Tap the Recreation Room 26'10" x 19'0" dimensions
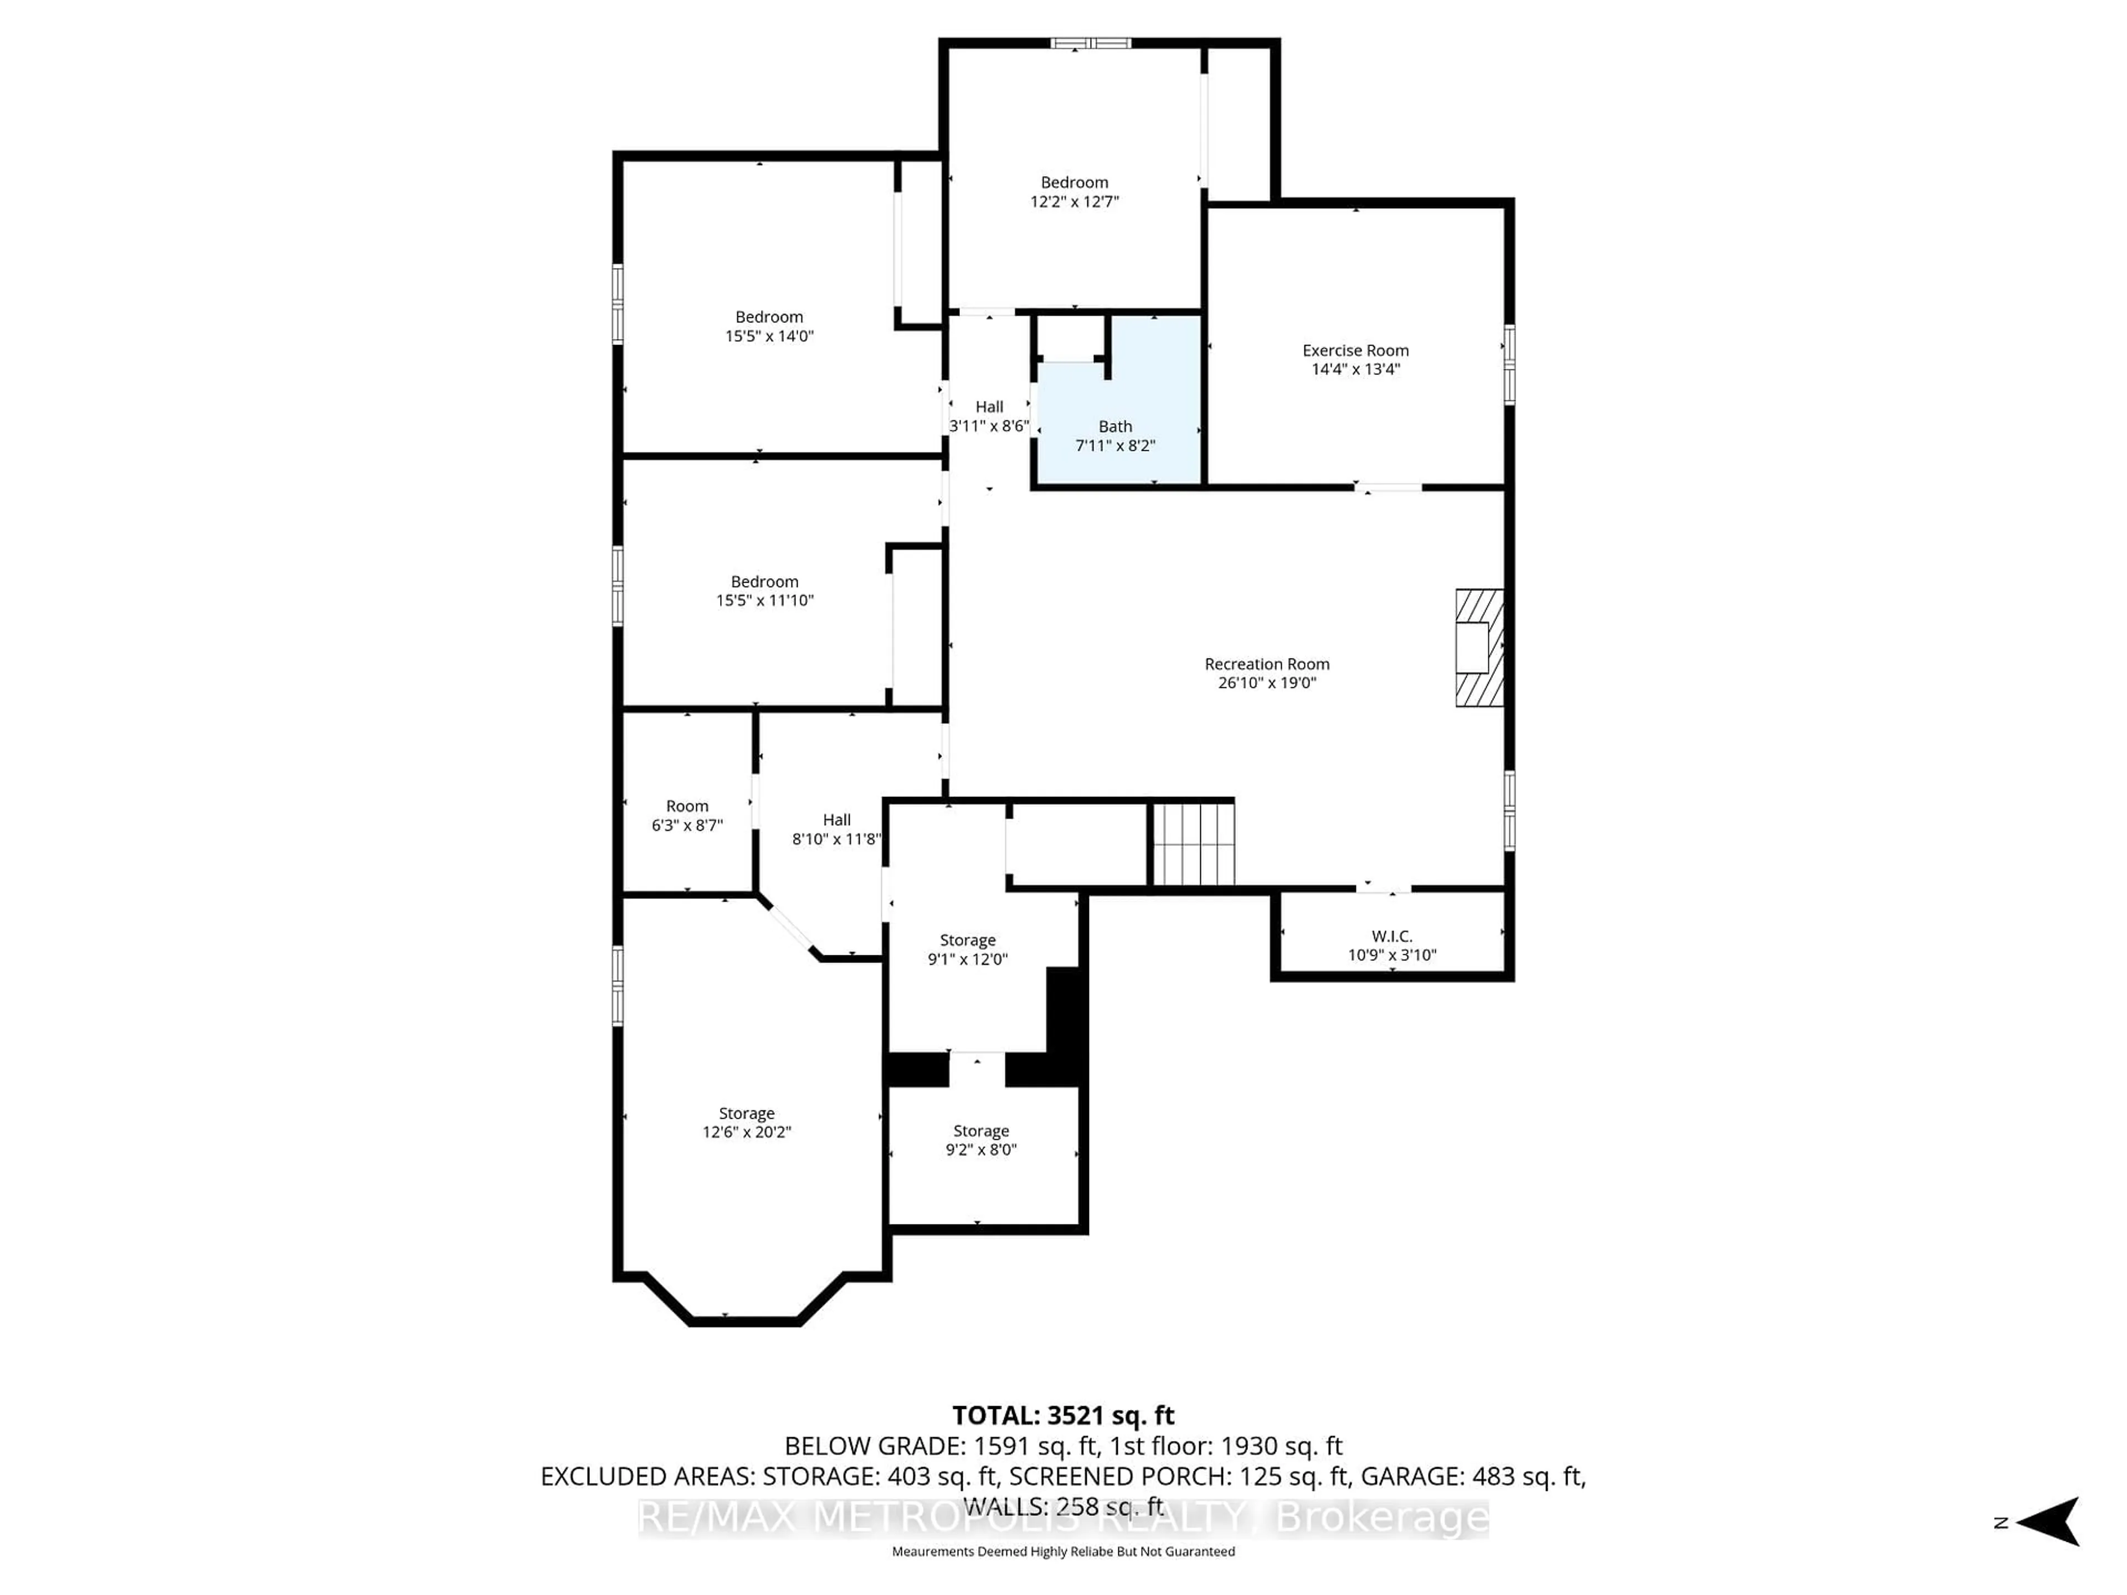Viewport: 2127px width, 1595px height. point(1266,683)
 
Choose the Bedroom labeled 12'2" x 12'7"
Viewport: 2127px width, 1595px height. point(1074,191)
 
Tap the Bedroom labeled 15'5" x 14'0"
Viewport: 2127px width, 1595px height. point(768,326)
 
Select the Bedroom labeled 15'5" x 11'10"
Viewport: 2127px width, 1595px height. point(764,590)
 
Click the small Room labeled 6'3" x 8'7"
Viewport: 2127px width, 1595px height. point(686,815)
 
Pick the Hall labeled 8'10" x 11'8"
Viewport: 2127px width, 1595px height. point(836,829)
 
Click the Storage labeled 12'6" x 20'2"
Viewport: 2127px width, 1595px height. point(746,1122)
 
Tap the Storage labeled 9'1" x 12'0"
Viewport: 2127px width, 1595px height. point(967,949)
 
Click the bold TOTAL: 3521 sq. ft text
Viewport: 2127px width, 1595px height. point(1062,1415)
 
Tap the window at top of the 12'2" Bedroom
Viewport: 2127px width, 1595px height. point(1091,43)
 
